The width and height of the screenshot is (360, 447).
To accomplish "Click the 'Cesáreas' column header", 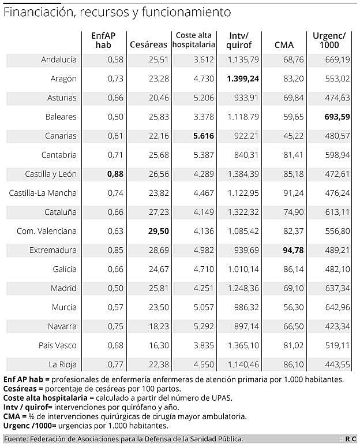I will click(148, 44).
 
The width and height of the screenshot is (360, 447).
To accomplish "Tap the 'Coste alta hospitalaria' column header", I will click(194, 40).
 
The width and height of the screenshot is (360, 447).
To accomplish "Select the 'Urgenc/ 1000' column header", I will click(329, 40).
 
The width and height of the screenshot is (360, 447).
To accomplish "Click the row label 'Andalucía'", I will click(59, 59).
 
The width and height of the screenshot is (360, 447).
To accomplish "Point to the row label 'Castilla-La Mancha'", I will click(43, 193).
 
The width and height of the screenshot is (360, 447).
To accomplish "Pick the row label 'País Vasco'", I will click(58, 345).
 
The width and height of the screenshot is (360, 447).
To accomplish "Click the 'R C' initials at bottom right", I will click(350, 439).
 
